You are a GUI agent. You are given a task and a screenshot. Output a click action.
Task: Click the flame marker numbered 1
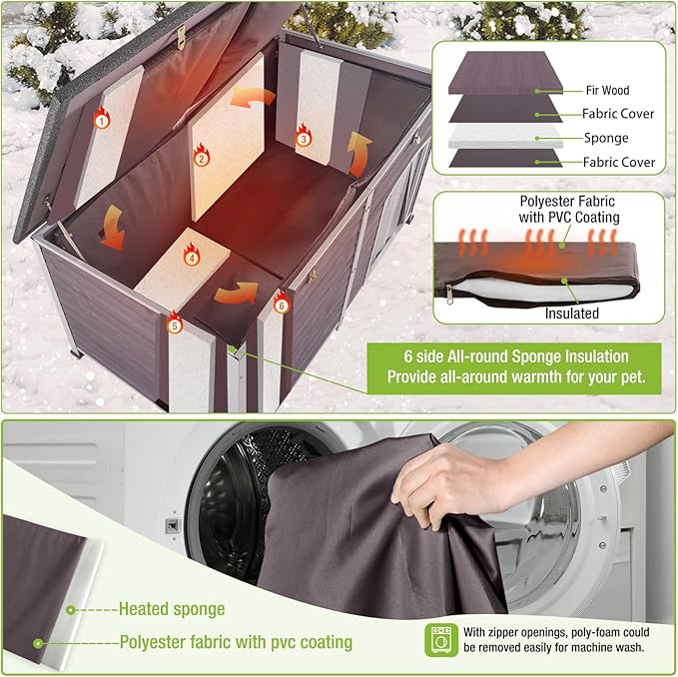(x=102, y=118)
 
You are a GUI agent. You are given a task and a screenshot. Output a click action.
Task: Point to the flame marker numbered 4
(x=192, y=255)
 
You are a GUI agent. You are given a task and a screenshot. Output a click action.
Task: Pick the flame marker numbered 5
(x=175, y=323)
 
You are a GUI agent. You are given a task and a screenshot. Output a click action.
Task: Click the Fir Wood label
(x=607, y=90)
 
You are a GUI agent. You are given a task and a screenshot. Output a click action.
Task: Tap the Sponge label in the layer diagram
(x=606, y=138)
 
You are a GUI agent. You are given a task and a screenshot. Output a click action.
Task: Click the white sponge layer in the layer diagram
(x=505, y=138)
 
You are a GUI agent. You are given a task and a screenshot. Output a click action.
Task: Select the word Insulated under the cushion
(x=571, y=313)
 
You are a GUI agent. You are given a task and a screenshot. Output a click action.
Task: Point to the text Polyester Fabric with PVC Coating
(x=569, y=209)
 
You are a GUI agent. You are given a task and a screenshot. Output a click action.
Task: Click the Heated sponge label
(x=172, y=609)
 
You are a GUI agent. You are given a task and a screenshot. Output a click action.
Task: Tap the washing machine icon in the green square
(x=441, y=640)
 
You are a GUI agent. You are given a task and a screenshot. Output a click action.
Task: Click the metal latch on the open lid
(x=181, y=37)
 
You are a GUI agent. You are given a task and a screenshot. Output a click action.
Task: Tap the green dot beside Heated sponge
(x=71, y=610)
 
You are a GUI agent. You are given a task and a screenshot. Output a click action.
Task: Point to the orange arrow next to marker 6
(x=236, y=293)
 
